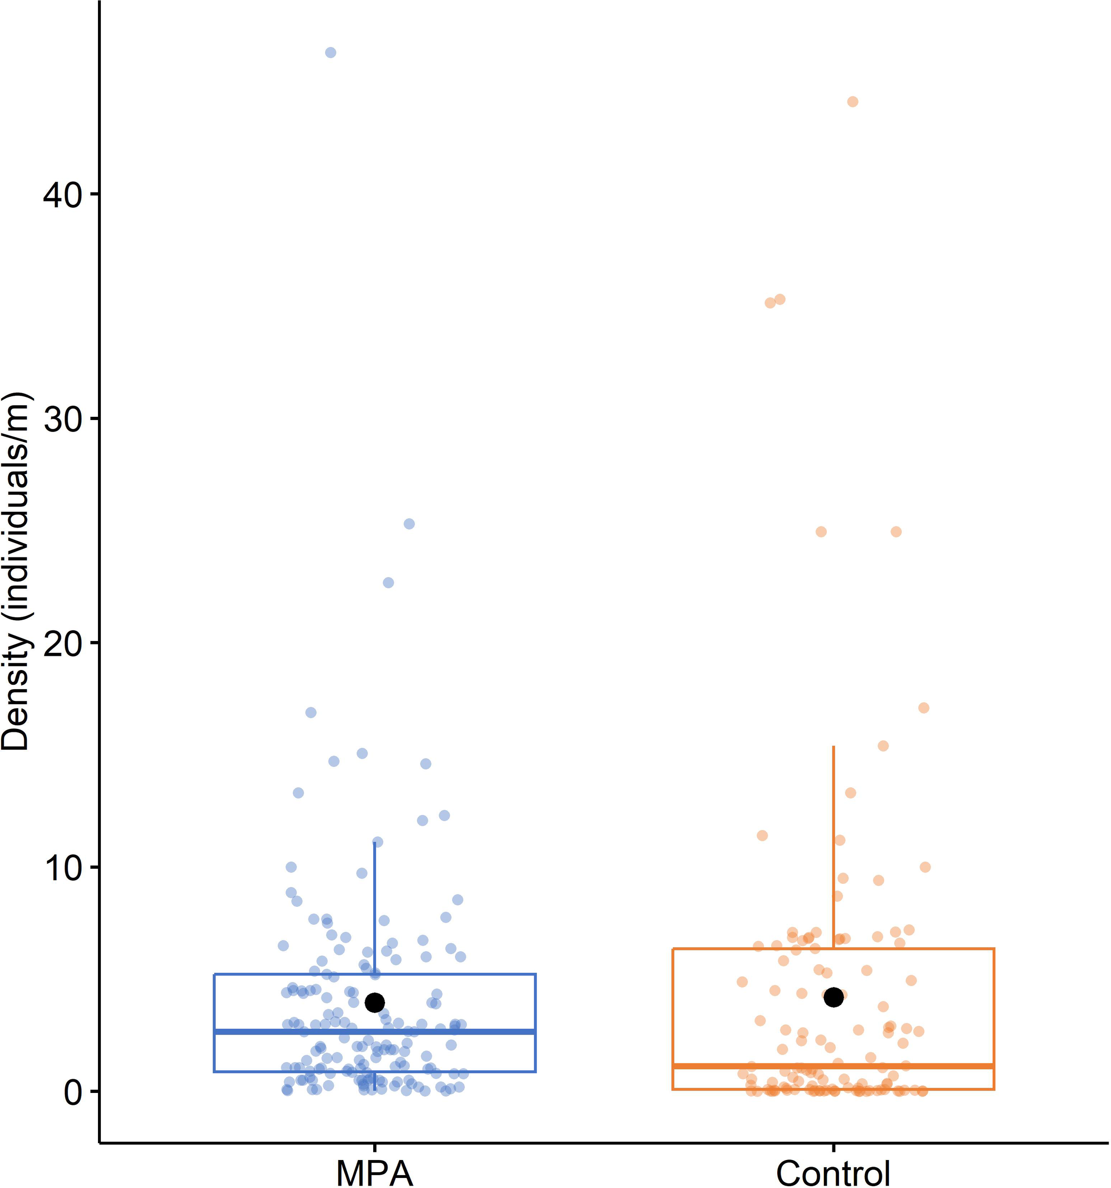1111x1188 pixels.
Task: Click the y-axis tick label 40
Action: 62,195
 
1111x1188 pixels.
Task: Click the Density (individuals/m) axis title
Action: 16,571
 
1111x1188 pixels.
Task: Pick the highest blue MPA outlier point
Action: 330,53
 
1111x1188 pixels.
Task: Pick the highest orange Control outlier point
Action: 853,102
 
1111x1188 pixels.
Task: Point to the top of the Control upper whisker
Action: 833,747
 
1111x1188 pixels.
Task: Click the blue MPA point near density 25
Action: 409,524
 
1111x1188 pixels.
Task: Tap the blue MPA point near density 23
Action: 388,583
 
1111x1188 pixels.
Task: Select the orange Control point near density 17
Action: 923,708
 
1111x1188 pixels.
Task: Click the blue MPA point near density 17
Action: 311,712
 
